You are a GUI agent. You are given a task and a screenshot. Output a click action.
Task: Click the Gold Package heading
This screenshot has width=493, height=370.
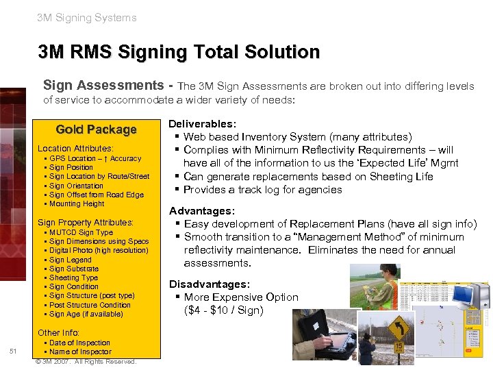pos(96,129)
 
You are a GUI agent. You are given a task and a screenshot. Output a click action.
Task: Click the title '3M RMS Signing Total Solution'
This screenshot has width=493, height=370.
pos(179,52)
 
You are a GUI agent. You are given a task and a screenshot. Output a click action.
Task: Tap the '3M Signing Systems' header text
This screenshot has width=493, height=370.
pos(87,18)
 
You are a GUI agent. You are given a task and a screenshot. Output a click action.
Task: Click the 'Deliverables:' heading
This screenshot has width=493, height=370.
pos(203,124)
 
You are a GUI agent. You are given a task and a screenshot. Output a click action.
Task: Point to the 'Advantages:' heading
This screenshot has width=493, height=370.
pos(202,211)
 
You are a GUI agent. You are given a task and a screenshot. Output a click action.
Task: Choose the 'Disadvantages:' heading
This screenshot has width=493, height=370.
pos(209,284)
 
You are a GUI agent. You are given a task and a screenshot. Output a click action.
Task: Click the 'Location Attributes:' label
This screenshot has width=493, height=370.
pos(75,149)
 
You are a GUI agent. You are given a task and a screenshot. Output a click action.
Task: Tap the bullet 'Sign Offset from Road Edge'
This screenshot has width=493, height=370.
pos(97,195)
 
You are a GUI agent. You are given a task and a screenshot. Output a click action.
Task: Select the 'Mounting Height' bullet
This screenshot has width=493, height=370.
pos(77,203)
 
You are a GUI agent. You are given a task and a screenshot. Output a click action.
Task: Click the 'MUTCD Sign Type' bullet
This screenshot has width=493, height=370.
pos(81,232)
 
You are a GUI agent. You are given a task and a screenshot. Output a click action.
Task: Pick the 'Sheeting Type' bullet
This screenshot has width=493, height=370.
pos(73,277)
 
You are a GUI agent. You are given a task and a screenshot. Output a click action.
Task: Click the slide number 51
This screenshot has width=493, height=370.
pos(13,351)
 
